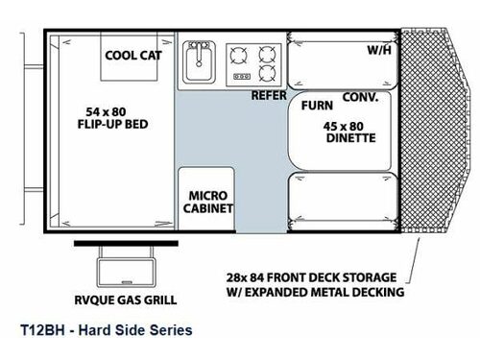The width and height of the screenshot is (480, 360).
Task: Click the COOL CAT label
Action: click(133, 56)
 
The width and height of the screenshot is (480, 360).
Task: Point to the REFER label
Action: click(270, 96)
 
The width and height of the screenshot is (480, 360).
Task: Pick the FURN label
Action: click(317, 106)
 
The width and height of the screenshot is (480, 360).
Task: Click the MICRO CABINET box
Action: click(204, 202)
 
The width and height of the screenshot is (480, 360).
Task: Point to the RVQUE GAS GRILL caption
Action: click(124, 298)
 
